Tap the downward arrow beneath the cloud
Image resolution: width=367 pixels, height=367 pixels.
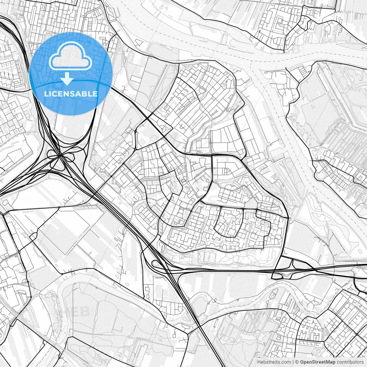(67, 79)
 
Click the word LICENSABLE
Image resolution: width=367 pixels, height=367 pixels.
(71, 94)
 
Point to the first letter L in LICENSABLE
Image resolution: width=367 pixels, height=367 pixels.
(46, 94)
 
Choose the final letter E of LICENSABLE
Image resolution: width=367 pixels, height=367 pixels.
(95, 94)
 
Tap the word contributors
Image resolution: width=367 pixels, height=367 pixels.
(350, 362)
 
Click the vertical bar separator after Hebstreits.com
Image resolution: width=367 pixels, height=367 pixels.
(293, 362)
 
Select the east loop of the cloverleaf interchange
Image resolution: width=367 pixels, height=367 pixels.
(70, 156)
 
